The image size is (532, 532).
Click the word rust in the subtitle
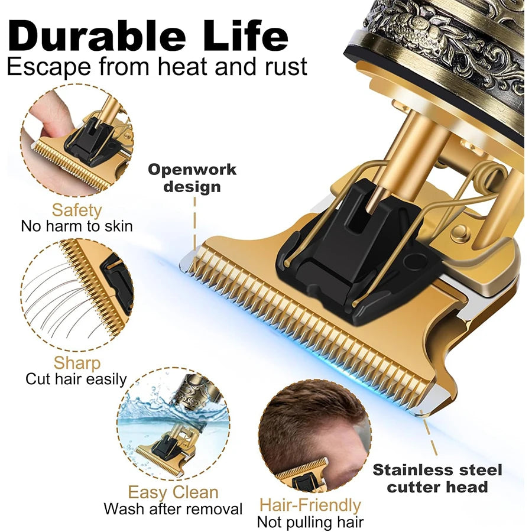283,66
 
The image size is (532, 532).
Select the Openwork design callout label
192,179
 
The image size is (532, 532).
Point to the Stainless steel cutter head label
437,478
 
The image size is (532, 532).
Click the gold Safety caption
77,210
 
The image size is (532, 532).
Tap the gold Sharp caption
77,362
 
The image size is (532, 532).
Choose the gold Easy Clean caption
173,492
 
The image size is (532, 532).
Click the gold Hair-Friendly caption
310,505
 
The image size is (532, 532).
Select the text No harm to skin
77,226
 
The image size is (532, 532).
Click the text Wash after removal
173,509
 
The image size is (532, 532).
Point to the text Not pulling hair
310,522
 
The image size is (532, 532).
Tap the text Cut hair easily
76,379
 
